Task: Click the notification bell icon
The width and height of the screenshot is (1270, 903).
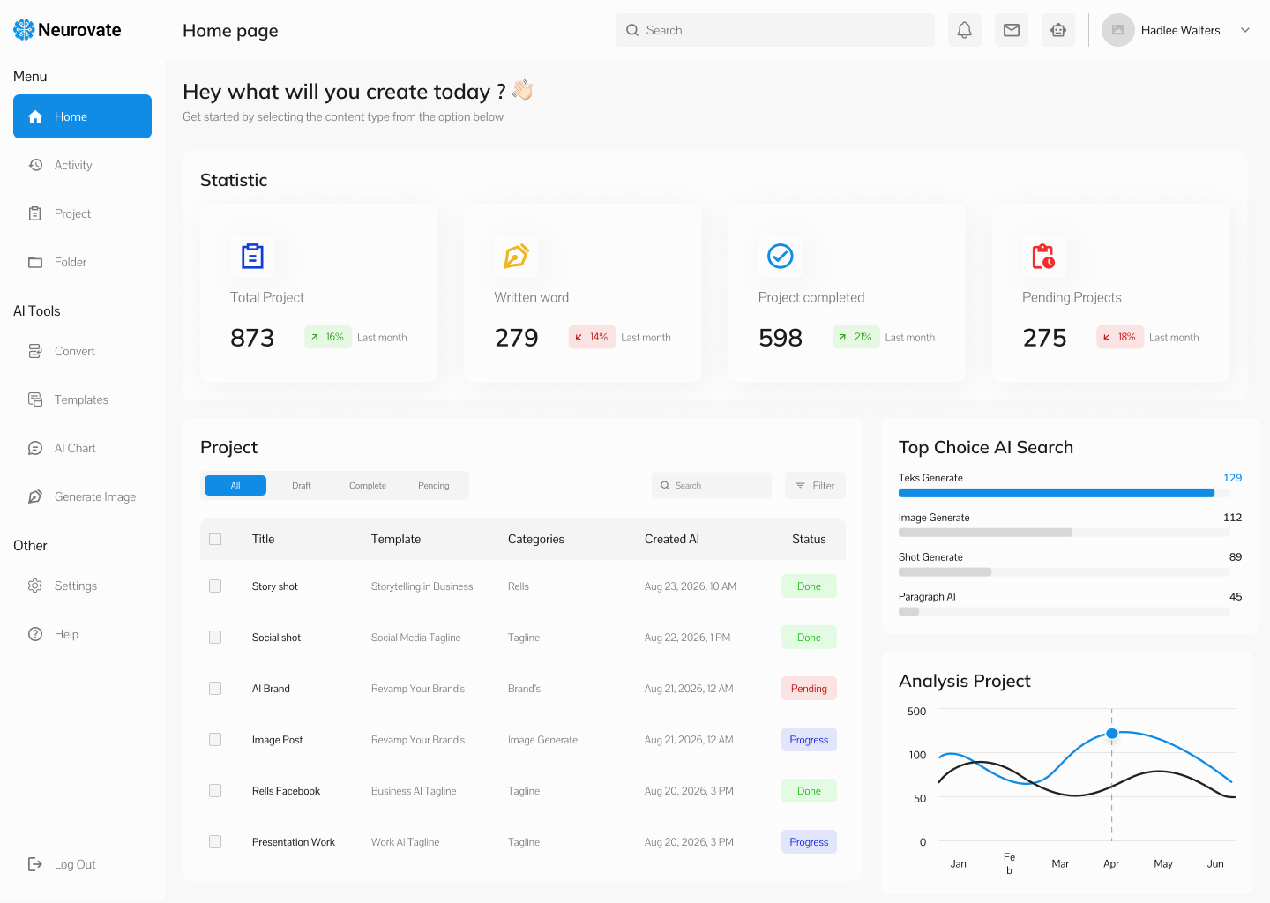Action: [x=965, y=30]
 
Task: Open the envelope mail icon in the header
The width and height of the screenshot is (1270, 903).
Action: [x=1012, y=30]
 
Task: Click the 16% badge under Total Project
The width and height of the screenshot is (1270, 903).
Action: [x=328, y=337]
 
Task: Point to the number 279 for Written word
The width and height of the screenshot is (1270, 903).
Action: [x=516, y=337]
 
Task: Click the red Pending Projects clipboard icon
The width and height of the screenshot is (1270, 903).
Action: [x=1043, y=257]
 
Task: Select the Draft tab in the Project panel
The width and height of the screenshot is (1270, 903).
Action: [x=301, y=485]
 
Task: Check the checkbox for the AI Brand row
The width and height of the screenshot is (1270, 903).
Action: [x=215, y=688]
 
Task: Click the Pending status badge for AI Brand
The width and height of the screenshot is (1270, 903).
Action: [x=809, y=688]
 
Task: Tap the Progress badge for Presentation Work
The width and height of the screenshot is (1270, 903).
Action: [x=809, y=842]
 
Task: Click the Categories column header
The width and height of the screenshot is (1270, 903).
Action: [x=536, y=539]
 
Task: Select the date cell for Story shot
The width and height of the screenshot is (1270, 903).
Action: [x=690, y=586]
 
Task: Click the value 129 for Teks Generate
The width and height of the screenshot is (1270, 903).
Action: [x=1232, y=478]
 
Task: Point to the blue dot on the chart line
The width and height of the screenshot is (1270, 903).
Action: [x=1112, y=734]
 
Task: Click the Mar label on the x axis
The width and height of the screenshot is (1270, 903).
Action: [x=1060, y=863]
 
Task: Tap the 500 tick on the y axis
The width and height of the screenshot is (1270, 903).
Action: [x=916, y=711]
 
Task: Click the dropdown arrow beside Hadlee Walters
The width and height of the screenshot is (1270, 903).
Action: [x=1245, y=30]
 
